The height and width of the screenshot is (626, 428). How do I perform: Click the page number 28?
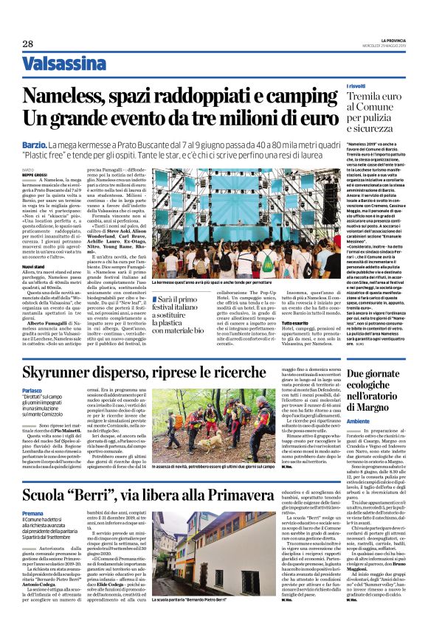click(29, 44)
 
